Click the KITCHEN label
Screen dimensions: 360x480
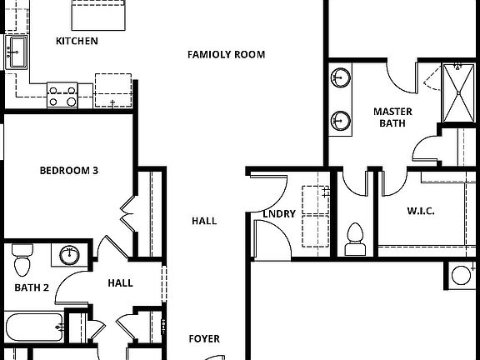[x=77, y=41]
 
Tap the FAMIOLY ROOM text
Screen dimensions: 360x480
[x=226, y=55]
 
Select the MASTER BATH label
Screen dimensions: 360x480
[x=392, y=117]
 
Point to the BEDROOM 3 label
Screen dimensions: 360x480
[x=69, y=171]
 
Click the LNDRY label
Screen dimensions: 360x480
[x=279, y=214]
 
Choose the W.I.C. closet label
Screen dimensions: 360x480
[x=421, y=211]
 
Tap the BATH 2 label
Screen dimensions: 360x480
[x=32, y=288]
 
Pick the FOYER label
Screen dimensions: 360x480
[x=204, y=339]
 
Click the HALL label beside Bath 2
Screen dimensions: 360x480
[x=120, y=283]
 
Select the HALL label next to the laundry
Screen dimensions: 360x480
[x=204, y=221]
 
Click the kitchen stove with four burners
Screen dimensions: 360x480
[x=62, y=95]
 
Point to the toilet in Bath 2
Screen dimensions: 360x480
[x=22, y=261]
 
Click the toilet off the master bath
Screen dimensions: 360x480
[x=356, y=238]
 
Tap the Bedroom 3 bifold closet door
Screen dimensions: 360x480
[x=127, y=212]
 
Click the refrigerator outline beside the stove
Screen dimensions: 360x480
[x=113, y=90]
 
